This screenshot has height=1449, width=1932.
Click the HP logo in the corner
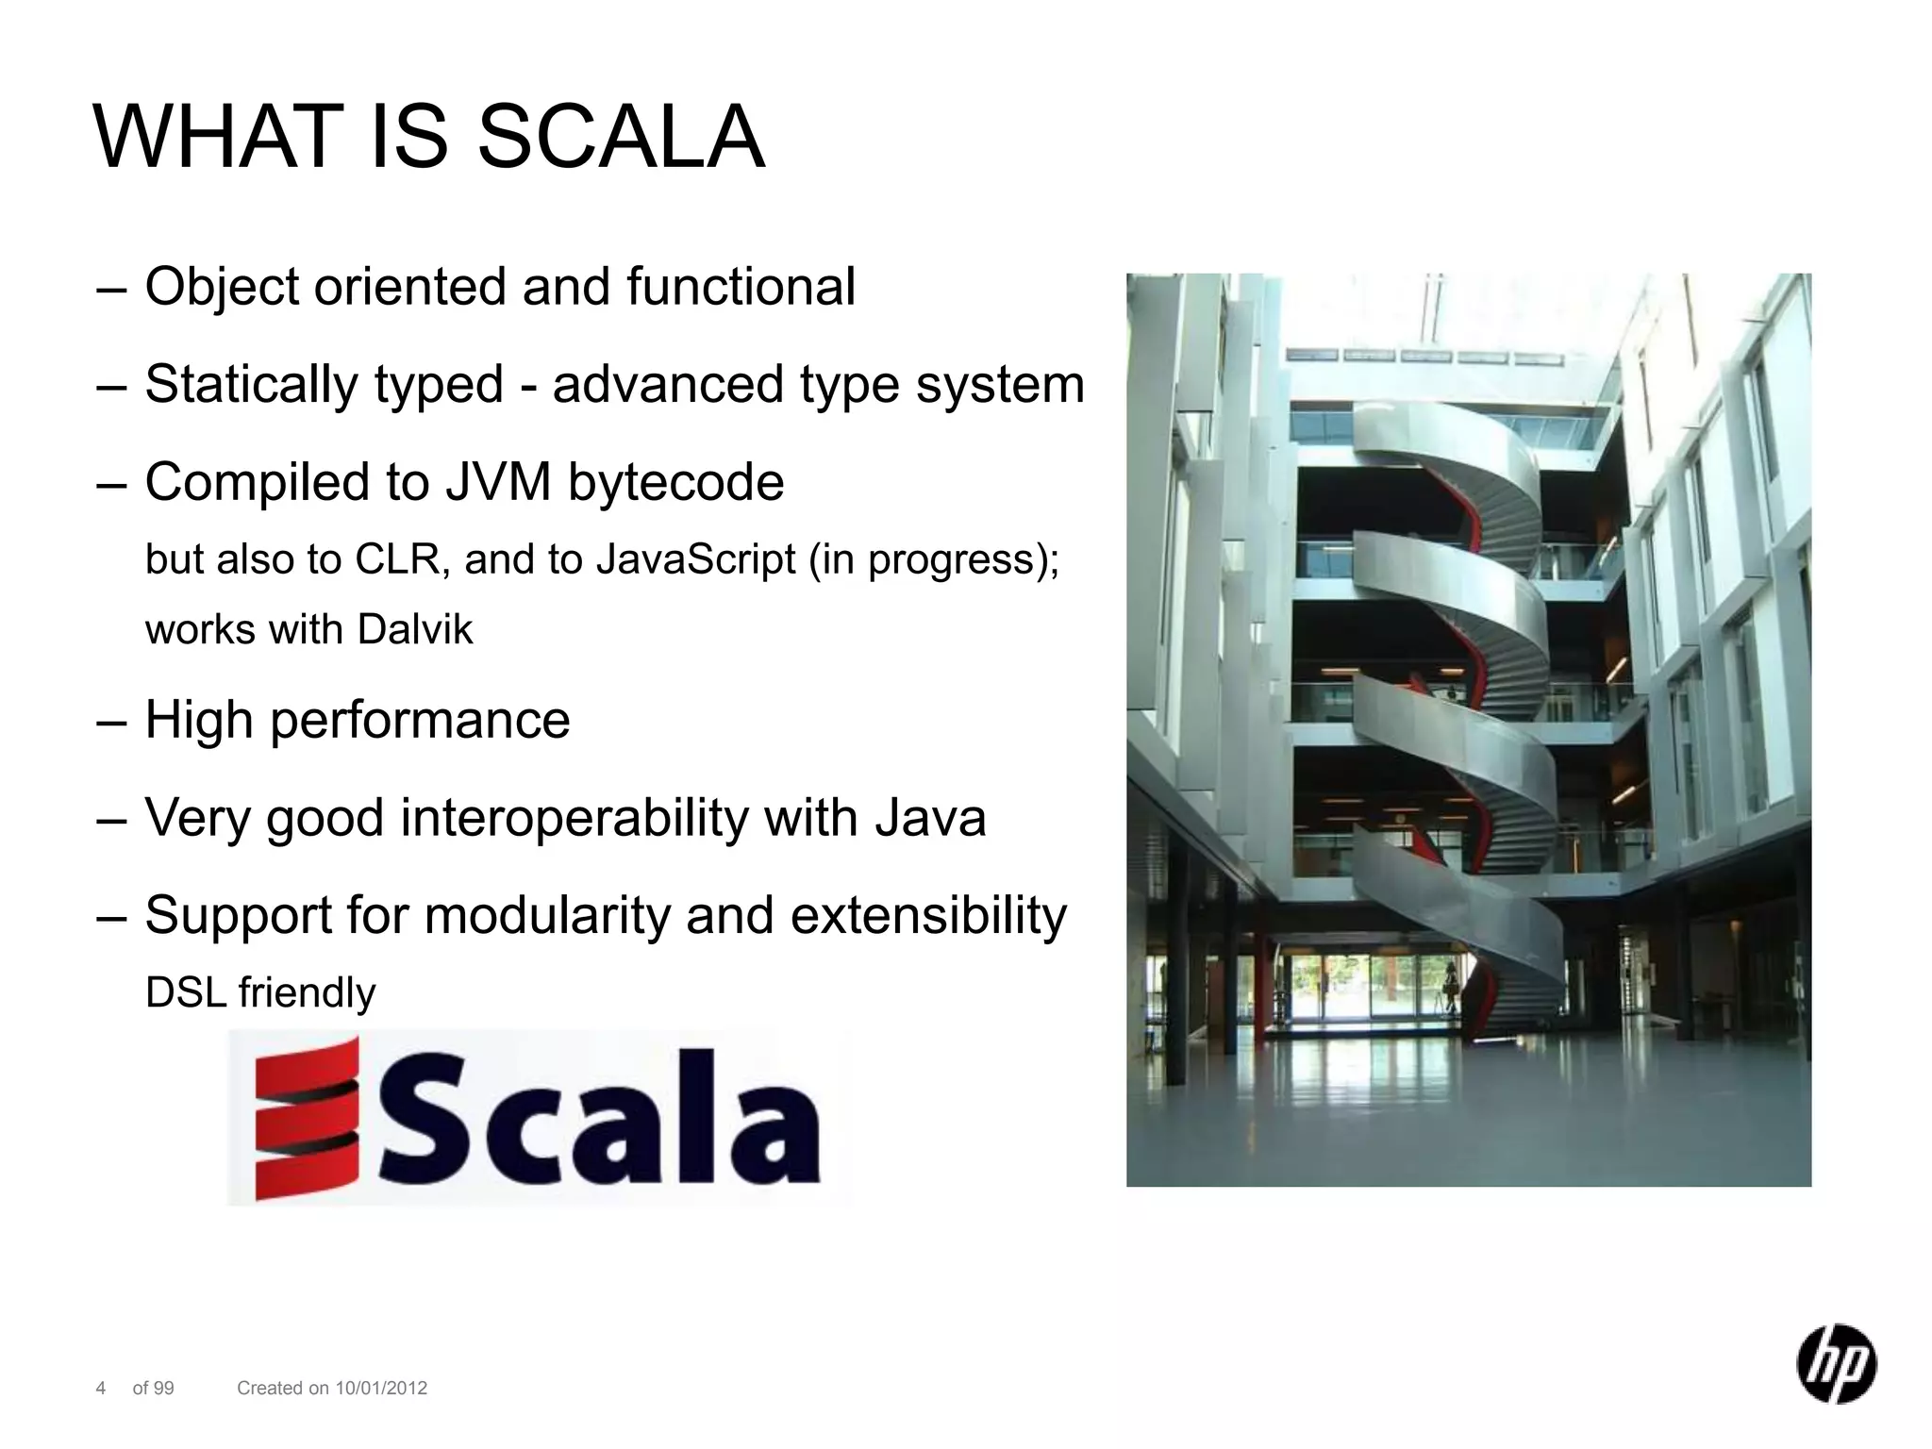coord(1835,1365)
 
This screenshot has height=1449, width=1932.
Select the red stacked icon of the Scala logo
coord(308,1118)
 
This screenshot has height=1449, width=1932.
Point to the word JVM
coord(498,482)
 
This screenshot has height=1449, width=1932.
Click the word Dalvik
coord(415,630)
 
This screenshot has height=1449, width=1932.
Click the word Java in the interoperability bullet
coord(930,817)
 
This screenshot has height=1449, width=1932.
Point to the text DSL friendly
coord(260,993)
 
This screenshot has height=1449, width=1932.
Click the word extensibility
coord(928,915)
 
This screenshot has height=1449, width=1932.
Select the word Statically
coord(251,385)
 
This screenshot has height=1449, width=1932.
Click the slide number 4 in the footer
coord(101,1388)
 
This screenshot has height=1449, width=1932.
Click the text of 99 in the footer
coord(153,1388)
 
